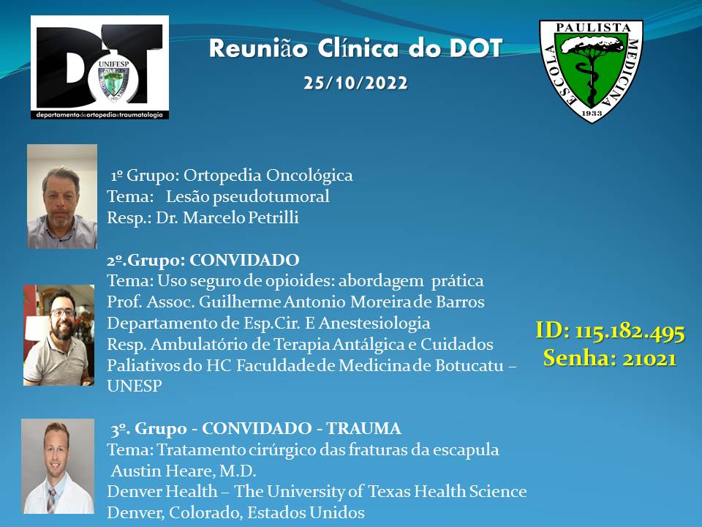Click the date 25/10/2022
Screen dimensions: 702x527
pos(355,83)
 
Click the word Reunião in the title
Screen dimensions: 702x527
pos(258,48)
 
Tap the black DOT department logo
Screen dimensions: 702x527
pos(100,67)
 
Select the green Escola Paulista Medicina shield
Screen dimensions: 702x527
pos(591,71)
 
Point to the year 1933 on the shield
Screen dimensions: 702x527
pos(592,113)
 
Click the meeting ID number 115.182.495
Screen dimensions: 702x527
pos(630,332)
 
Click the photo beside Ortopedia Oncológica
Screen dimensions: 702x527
pos(62,196)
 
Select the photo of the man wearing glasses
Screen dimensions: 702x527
pos(58,335)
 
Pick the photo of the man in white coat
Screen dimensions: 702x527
pos(58,466)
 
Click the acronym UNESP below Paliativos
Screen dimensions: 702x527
pos(135,386)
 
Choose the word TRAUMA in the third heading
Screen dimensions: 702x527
pos(363,429)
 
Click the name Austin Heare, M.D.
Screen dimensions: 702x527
pos(184,471)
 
